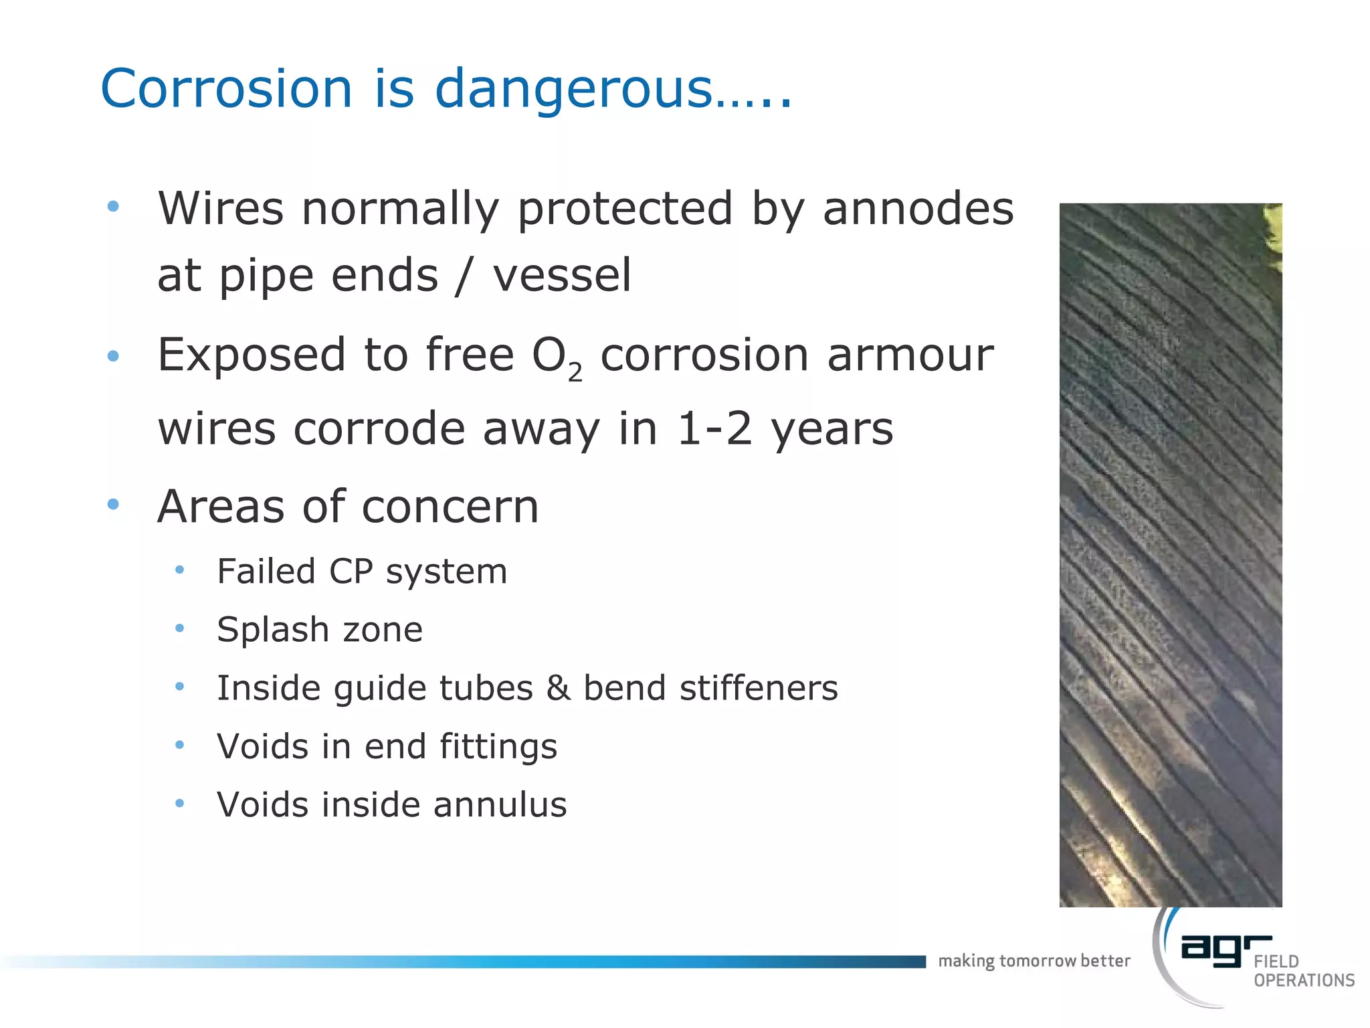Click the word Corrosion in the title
click(x=226, y=88)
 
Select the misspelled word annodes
click(x=918, y=209)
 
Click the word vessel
click(x=562, y=276)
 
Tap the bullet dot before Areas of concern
click(x=113, y=504)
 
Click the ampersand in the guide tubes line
click(x=559, y=688)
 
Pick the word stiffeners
click(x=759, y=688)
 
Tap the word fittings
click(x=498, y=747)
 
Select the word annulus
click(x=500, y=804)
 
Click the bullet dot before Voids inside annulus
click(x=179, y=803)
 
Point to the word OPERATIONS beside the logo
click(x=1304, y=980)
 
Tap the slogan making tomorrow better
click(x=1034, y=961)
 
